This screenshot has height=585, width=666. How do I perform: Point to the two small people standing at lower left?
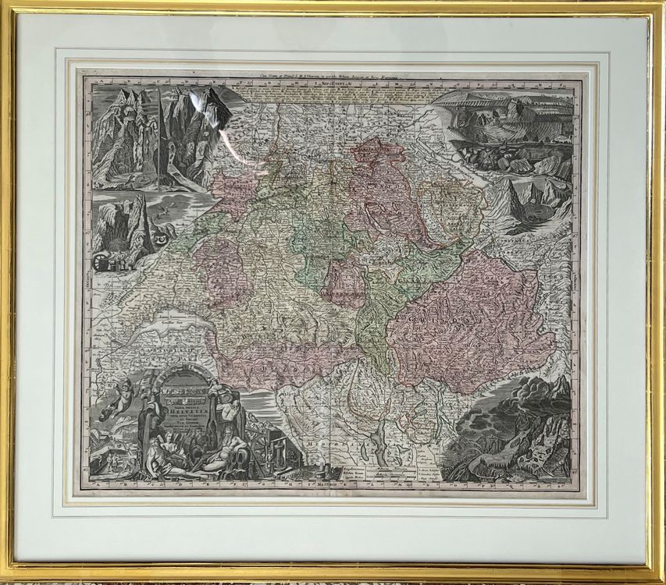[105, 456]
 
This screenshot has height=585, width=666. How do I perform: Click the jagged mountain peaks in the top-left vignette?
[148, 109]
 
